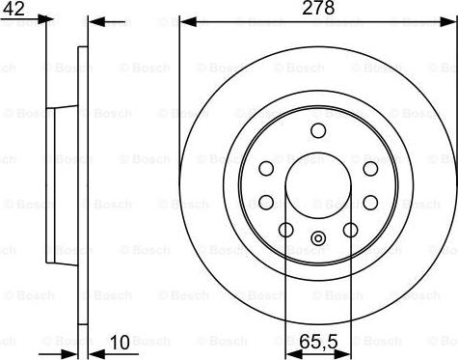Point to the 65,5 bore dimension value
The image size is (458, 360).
tap(317, 342)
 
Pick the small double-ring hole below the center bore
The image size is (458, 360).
tap(317, 238)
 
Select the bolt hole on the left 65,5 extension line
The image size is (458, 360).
tap(285, 230)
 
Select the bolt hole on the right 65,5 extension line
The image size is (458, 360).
tap(350, 230)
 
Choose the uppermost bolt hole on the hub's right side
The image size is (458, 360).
tap(369, 169)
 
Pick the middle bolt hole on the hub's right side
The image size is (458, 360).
tap(369, 202)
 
